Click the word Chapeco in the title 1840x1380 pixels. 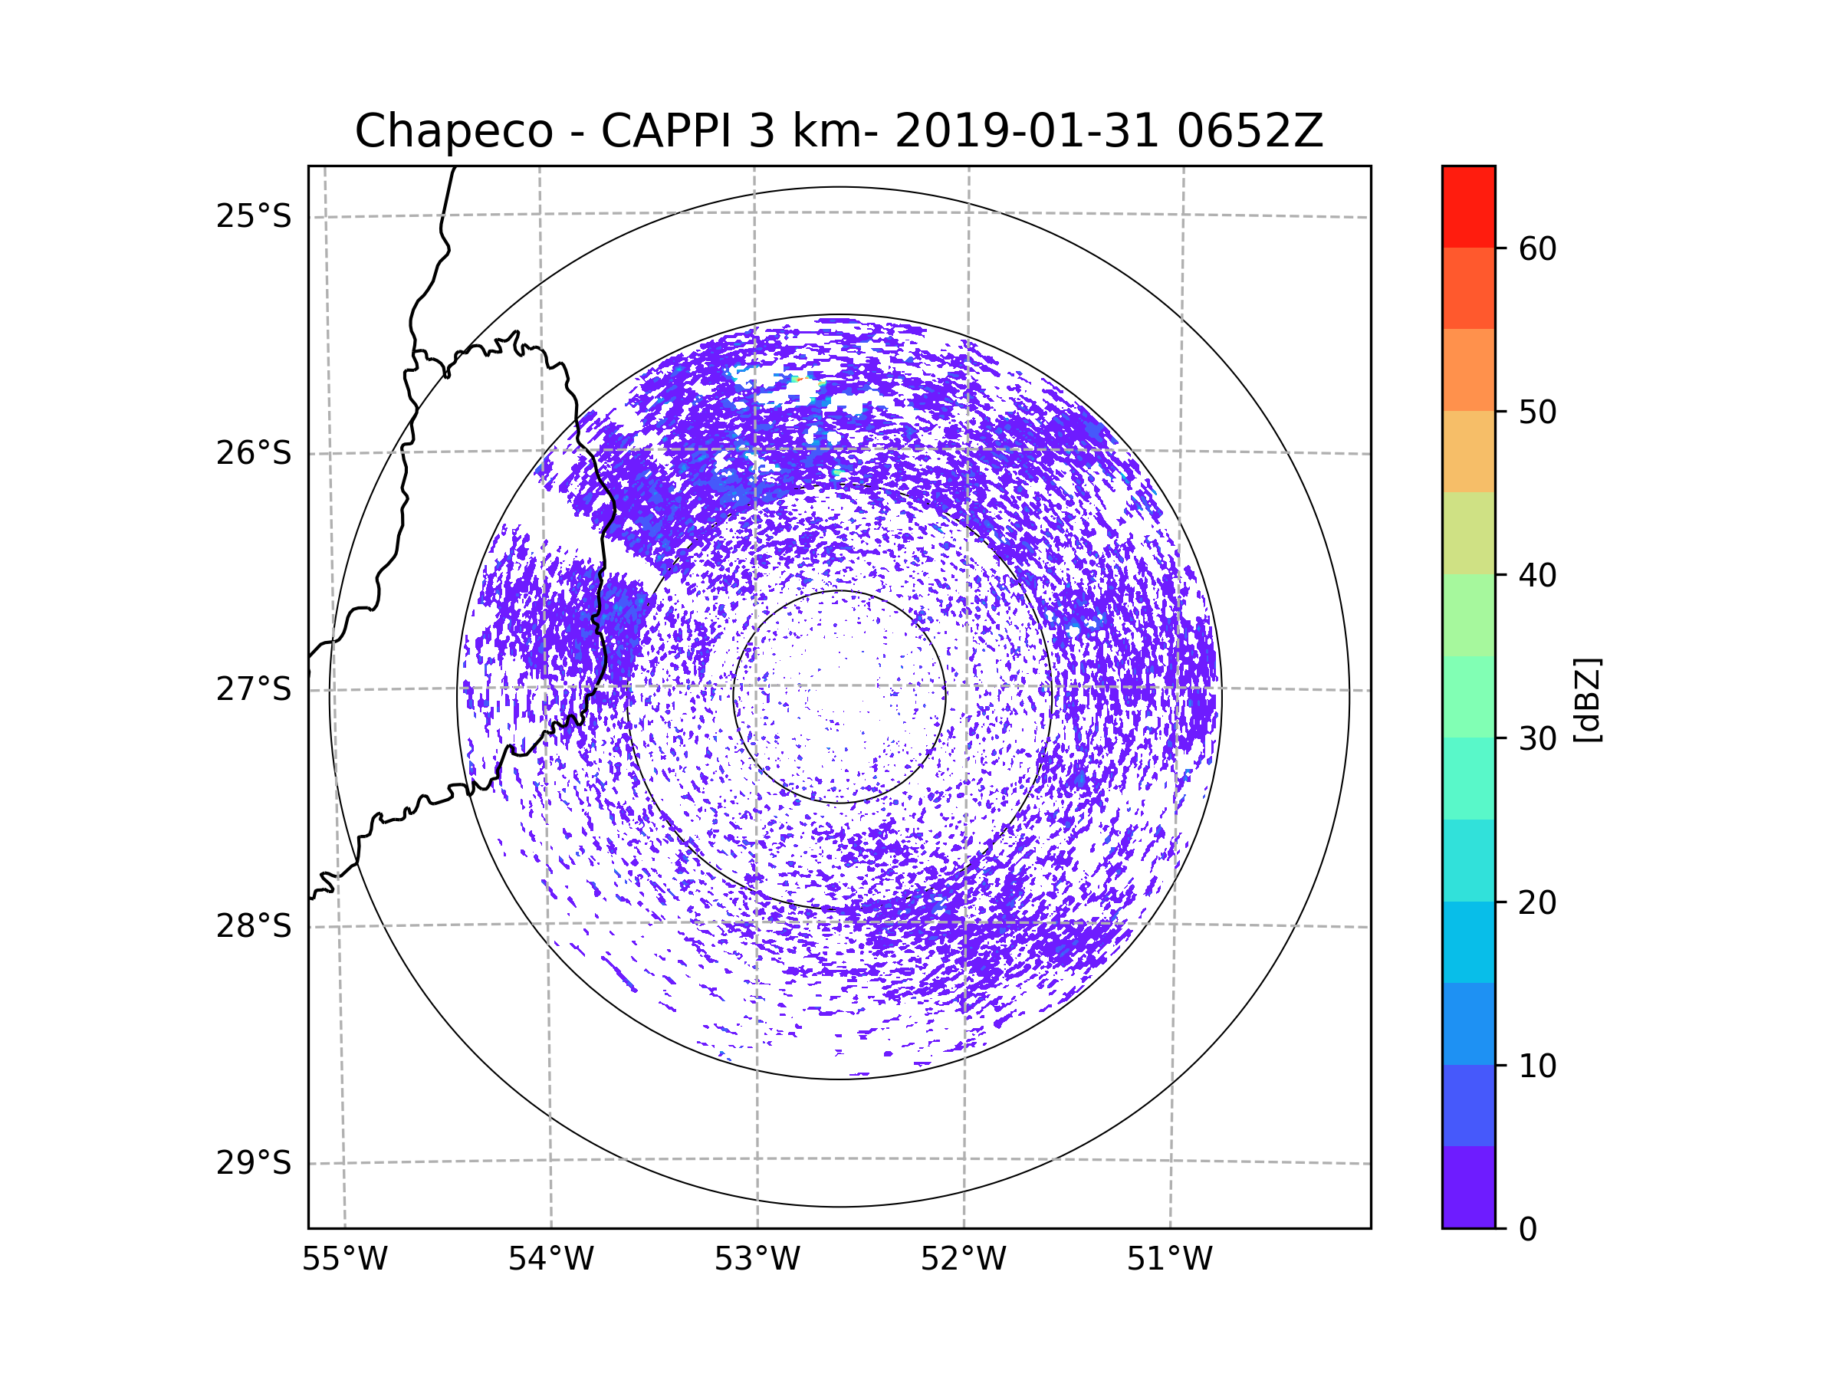click(453, 131)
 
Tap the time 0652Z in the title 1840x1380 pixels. click(1250, 131)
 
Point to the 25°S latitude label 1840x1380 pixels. click(254, 216)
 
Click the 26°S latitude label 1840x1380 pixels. click(254, 453)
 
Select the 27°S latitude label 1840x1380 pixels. click(254, 689)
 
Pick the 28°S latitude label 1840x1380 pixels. click(254, 926)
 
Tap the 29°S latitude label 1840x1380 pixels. click(254, 1163)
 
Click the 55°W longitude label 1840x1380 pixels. click(344, 1260)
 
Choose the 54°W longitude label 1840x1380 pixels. click(550, 1260)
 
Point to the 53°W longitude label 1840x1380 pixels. click(757, 1260)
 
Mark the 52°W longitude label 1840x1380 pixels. click(963, 1260)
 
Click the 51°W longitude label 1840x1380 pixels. click(1169, 1260)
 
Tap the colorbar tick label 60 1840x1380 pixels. click(1537, 248)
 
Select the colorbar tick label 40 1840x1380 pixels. click(1537, 576)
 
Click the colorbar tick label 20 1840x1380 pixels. click(1537, 902)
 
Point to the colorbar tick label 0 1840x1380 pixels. click(1528, 1230)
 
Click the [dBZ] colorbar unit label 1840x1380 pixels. click(1587, 701)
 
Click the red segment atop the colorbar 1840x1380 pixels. click(1468, 206)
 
